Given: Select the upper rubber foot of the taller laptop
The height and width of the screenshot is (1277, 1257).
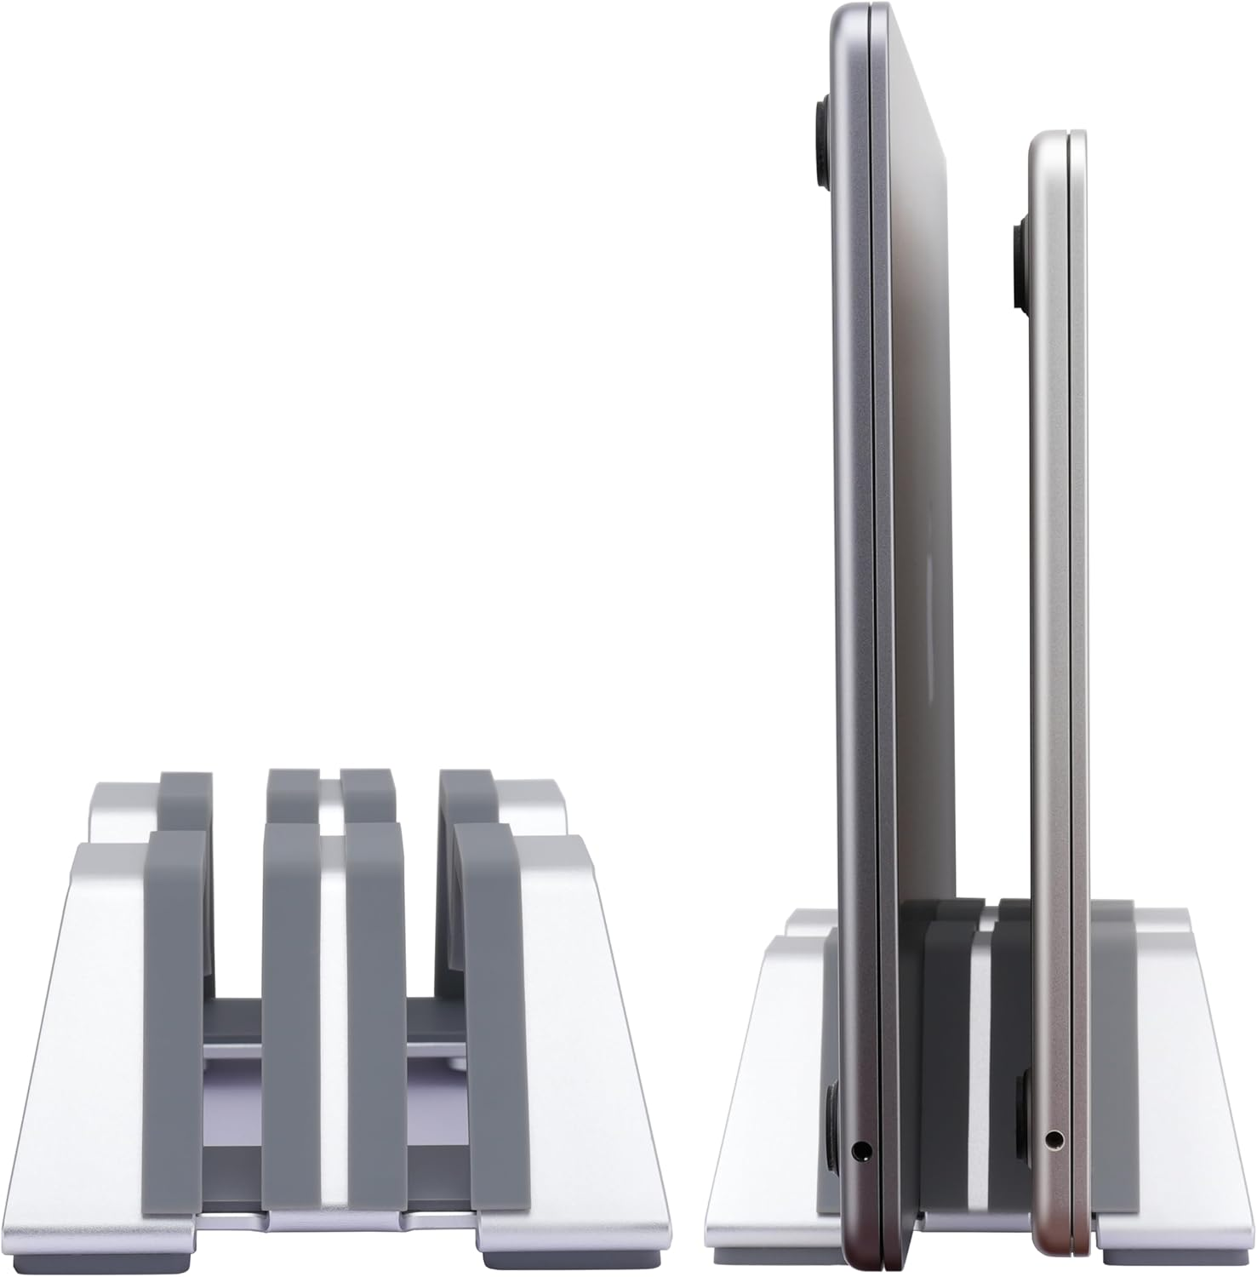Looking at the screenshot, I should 824,140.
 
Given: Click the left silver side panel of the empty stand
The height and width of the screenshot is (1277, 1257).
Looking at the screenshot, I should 94,1022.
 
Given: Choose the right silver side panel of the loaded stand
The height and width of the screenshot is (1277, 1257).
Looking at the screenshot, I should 1166,1064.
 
